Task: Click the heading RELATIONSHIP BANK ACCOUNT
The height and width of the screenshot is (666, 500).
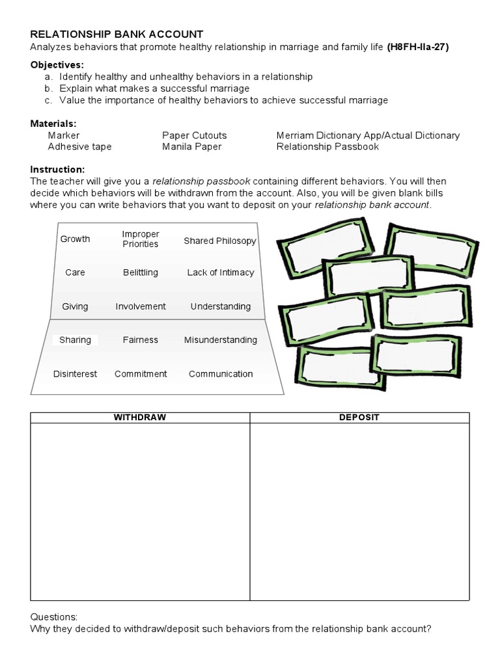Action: [x=117, y=34]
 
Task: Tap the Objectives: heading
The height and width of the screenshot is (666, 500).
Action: [x=57, y=65]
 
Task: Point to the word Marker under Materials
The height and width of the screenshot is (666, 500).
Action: [x=64, y=135]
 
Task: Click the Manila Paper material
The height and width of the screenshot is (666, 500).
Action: [x=191, y=146]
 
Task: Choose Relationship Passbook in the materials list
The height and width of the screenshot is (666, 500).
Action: [x=327, y=146]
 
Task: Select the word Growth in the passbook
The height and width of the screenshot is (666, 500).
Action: [x=76, y=239]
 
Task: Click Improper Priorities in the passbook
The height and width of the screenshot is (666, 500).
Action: [x=141, y=239]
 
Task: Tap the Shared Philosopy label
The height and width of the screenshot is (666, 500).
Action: [x=220, y=241]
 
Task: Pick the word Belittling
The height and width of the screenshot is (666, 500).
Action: [x=141, y=273]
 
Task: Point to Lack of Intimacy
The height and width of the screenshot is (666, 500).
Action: [x=221, y=273]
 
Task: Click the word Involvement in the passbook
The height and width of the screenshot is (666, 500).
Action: [x=141, y=306]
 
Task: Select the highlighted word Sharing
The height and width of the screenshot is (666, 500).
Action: [x=76, y=340]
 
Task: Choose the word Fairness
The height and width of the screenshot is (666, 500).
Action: [x=141, y=340]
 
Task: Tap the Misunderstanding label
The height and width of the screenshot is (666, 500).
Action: [x=221, y=340]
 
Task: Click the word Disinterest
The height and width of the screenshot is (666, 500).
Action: [x=76, y=373]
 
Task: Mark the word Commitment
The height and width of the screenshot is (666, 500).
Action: [x=141, y=373]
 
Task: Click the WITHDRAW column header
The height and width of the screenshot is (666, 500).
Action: [x=140, y=417]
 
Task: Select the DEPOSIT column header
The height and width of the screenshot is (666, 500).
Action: [x=359, y=417]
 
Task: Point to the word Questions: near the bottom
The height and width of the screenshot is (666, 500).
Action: [x=54, y=617]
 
